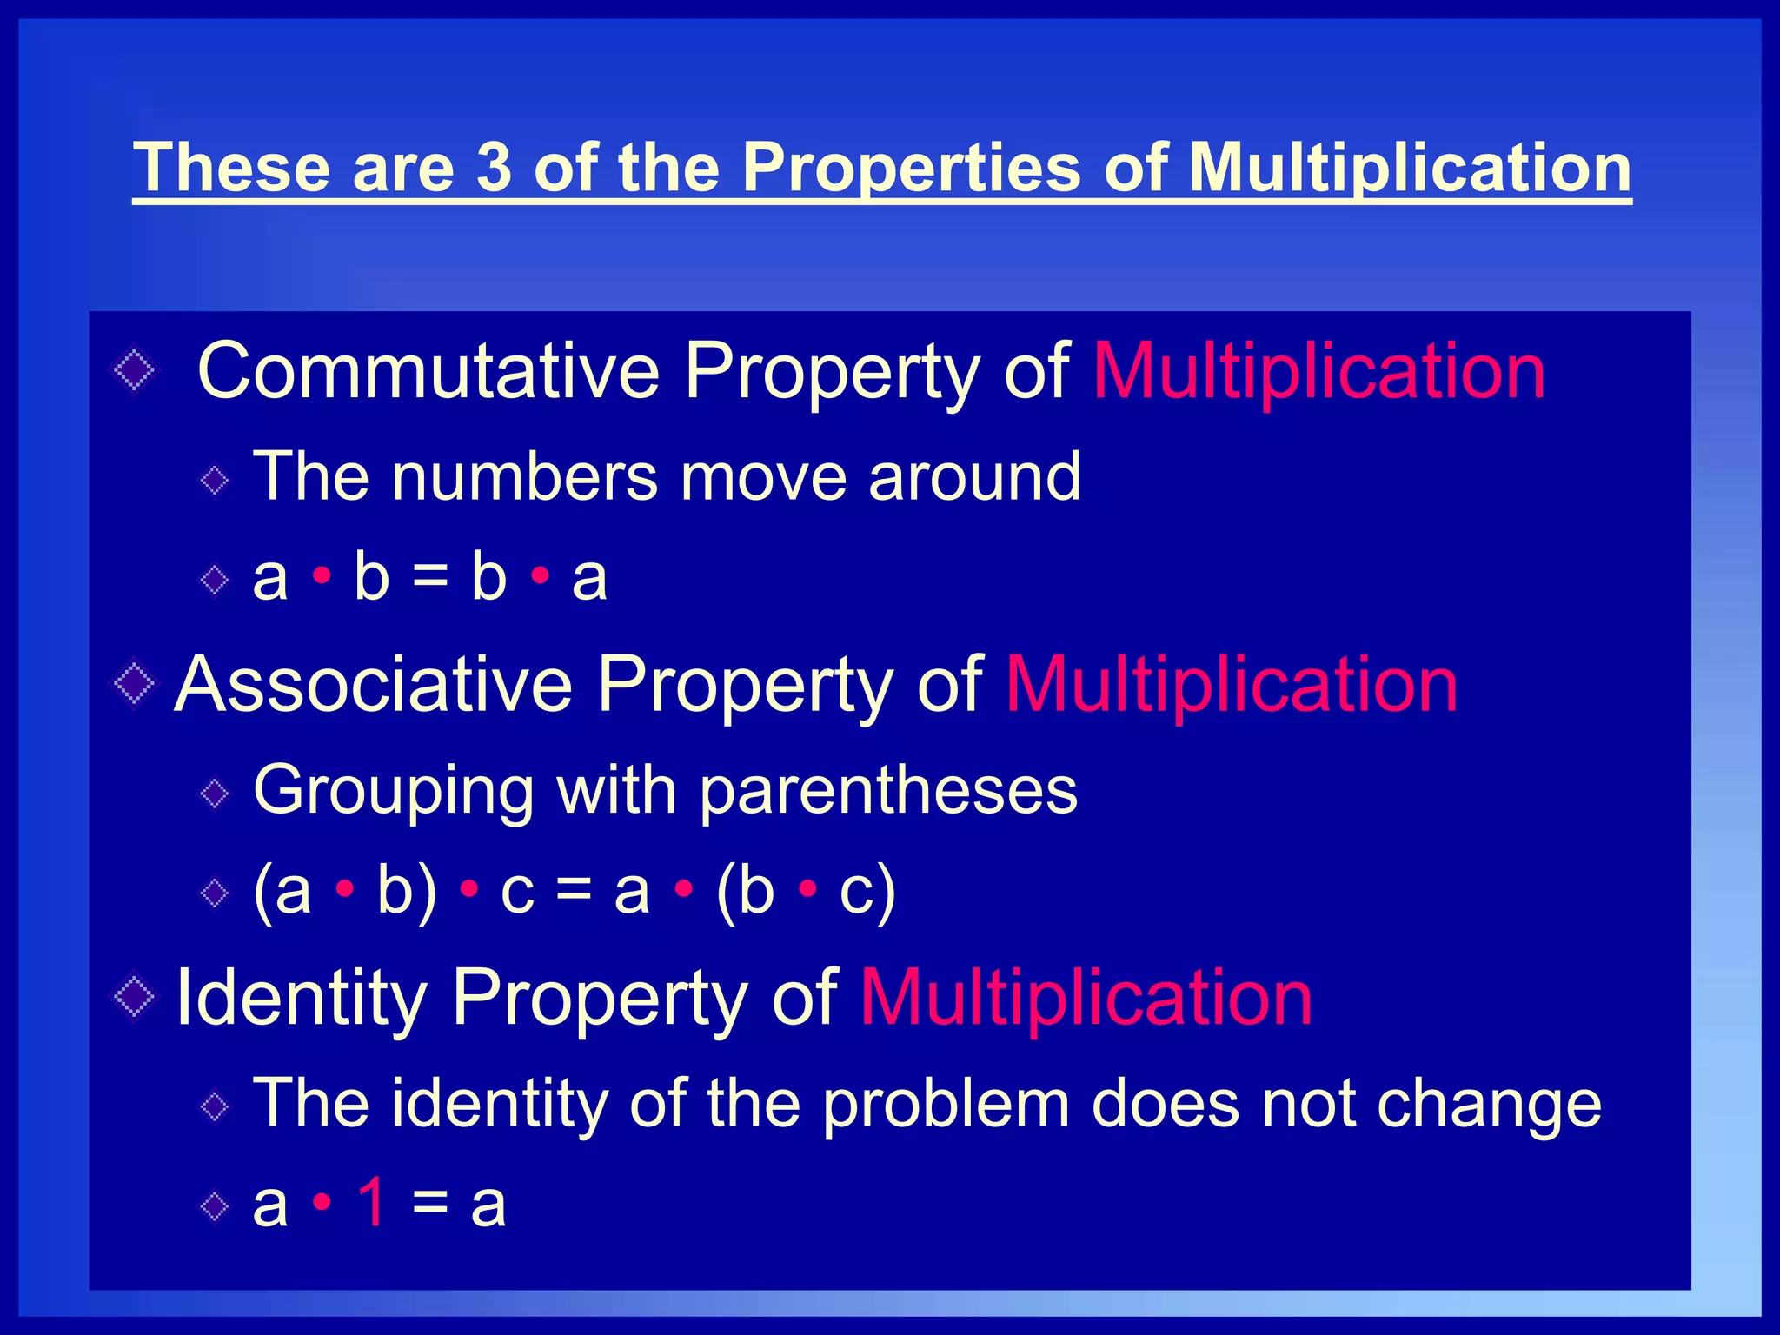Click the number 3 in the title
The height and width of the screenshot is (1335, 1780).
[494, 167]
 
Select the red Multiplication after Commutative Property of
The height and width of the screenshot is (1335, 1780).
[1318, 373]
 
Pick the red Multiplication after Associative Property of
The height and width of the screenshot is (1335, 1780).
[1232, 687]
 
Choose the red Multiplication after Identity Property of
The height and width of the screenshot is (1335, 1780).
[1086, 1000]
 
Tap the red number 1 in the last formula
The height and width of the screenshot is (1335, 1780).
[372, 1203]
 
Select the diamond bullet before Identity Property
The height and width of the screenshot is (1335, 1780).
[135, 997]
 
